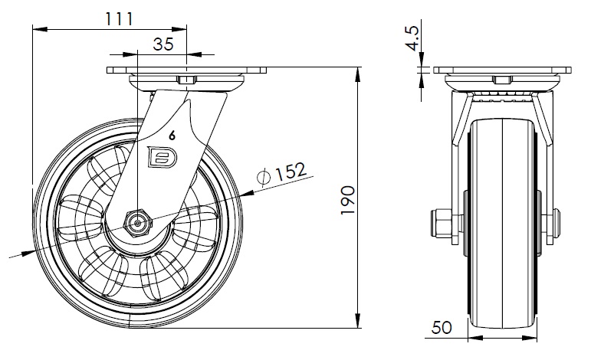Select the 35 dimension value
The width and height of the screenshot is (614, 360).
coord(163,44)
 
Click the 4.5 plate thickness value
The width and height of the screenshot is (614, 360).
coord(412,38)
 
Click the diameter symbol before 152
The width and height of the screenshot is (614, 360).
coord(264,177)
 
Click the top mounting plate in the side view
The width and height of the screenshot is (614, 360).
coord(188,70)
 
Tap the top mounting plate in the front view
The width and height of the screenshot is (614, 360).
coord(502,70)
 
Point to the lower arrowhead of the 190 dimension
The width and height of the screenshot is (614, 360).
coord(360,322)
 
